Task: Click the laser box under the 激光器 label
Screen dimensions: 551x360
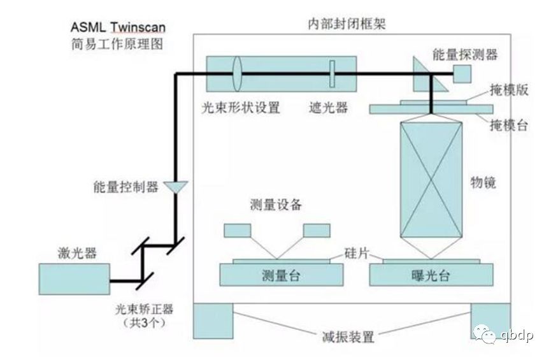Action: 74,279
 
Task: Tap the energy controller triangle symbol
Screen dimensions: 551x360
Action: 176,186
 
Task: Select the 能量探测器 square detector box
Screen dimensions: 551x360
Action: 462,74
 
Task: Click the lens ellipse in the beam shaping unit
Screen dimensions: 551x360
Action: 237,74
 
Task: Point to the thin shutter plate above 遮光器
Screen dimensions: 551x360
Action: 332,74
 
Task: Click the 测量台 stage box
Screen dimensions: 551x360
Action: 281,275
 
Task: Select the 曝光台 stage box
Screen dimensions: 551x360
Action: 431,275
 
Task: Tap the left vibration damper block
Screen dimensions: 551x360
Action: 213,321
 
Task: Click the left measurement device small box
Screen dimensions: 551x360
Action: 238,230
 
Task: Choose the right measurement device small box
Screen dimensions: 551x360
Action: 317,230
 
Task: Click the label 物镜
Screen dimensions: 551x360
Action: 483,182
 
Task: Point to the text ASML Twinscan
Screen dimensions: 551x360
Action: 118,27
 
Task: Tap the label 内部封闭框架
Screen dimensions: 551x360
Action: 347,24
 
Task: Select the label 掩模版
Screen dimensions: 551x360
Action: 509,90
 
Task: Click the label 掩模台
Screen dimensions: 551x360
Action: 509,125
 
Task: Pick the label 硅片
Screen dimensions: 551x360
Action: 356,253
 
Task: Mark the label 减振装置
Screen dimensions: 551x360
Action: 348,336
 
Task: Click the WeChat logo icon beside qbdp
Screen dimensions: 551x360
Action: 484,334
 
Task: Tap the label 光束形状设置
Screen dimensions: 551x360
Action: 241,107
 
